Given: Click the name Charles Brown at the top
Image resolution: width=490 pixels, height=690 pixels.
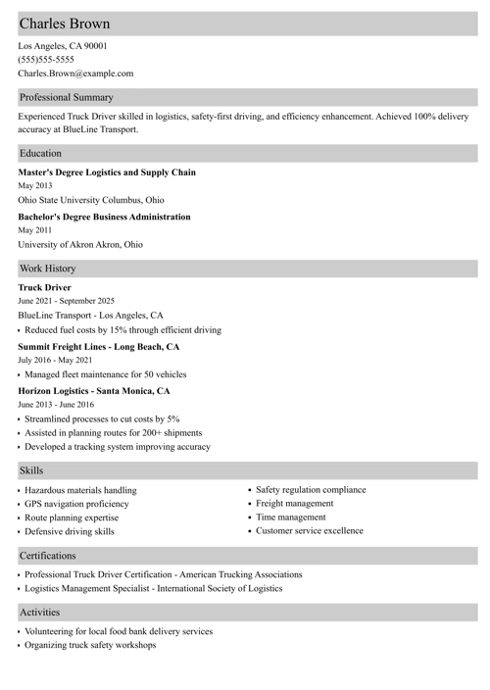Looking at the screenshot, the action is [65, 24].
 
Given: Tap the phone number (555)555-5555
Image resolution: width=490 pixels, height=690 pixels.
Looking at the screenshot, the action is [46, 59].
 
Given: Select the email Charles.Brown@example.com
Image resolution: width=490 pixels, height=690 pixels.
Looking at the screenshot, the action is [75, 74].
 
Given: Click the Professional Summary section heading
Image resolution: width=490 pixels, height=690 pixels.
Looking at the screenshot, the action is [67, 98].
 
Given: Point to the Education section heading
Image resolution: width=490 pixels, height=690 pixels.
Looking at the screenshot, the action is [40, 154].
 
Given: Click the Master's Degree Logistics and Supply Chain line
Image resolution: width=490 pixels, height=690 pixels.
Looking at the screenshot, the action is [107, 172].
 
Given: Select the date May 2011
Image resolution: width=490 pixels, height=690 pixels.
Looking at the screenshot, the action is [35, 230].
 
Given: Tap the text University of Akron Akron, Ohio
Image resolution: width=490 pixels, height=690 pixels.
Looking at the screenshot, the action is [80, 245].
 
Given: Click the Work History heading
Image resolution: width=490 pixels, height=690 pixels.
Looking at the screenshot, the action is [48, 268].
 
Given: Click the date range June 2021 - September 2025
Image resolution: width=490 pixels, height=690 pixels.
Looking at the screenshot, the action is [67, 301].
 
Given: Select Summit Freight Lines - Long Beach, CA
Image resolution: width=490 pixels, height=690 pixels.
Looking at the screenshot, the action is [99, 347].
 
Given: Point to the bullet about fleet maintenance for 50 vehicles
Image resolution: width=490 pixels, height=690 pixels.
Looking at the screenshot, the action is [105, 374].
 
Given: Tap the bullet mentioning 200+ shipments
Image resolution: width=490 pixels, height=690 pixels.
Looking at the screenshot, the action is [113, 432].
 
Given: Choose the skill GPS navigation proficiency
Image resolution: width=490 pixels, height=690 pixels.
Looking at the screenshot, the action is [76, 504].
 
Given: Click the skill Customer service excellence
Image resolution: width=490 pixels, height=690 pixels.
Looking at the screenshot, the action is [309, 530].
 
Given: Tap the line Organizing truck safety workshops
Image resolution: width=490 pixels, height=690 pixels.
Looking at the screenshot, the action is [90, 645].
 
